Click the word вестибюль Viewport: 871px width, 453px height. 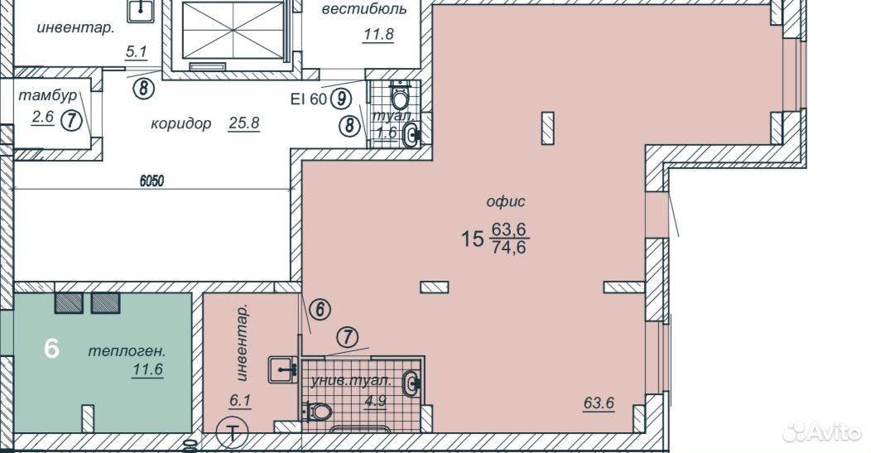pyautogui.click(x=363, y=9)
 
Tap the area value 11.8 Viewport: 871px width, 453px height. pyautogui.click(x=378, y=35)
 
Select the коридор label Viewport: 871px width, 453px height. pyautogui.click(x=181, y=123)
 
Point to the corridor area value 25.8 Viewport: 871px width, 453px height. pyautogui.click(x=244, y=123)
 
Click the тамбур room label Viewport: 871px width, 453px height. pyautogui.click(x=48, y=95)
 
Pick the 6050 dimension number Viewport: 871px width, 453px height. pyautogui.click(x=152, y=181)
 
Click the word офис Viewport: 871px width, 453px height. pyautogui.click(x=506, y=201)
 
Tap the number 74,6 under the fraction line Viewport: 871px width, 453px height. pyautogui.click(x=509, y=247)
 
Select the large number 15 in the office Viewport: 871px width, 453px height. pyautogui.click(x=472, y=239)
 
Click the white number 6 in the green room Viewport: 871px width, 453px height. pyautogui.click(x=51, y=349)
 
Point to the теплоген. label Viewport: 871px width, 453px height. pyautogui.click(x=128, y=351)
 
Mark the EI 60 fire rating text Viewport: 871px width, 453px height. pyautogui.click(x=308, y=99)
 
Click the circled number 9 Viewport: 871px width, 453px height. pyautogui.click(x=341, y=99)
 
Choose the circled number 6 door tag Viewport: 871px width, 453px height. pyautogui.click(x=320, y=310)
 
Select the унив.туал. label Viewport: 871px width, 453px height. pyautogui.click(x=351, y=381)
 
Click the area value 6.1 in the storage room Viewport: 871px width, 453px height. pyautogui.click(x=240, y=401)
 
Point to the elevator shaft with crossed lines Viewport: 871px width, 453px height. pyautogui.click(x=233, y=30)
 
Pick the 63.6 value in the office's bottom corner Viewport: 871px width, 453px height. pyautogui.click(x=599, y=403)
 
